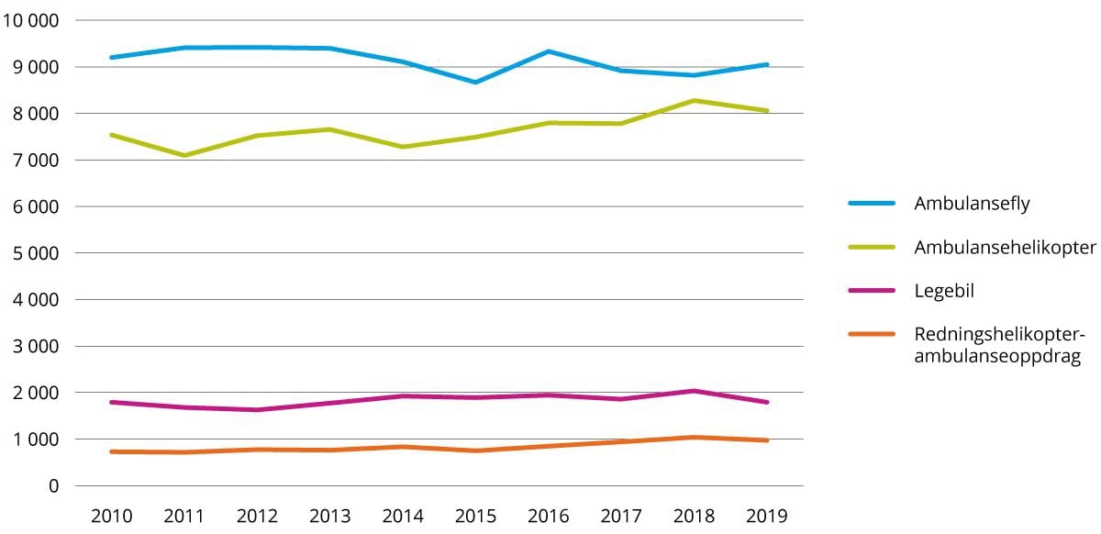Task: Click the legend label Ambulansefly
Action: [x=972, y=204]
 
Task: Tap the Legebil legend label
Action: [x=944, y=291]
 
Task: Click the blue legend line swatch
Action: [x=871, y=204]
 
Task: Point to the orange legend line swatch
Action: [x=871, y=334]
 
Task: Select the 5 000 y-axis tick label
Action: [x=34, y=253]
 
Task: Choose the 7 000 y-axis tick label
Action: [x=34, y=161]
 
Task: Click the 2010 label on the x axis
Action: [x=111, y=516]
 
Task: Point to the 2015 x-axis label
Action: [x=474, y=516]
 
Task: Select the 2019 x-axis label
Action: [x=767, y=516]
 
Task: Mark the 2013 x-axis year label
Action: [x=328, y=516]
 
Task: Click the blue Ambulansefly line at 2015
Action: [x=474, y=83]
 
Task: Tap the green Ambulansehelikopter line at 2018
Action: [x=695, y=101]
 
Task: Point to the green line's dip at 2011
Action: [x=184, y=156]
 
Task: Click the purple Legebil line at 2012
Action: [x=257, y=410]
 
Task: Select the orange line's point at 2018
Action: [x=695, y=438]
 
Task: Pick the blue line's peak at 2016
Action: [x=548, y=51]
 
